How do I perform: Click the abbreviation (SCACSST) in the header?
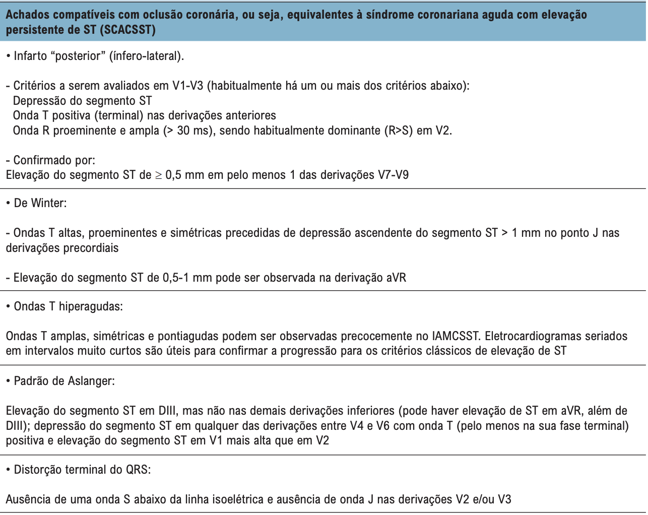(x=127, y=30)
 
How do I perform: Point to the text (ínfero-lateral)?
(x=147, y=56)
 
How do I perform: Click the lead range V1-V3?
(x=187, y=86)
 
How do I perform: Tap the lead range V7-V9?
(x=393, y=175)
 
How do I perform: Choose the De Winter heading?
(x=40, y=203)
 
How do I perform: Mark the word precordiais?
(x=87, y=248)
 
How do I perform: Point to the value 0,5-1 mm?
(x=187, y=278)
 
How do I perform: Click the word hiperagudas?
(x=91, y=306)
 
